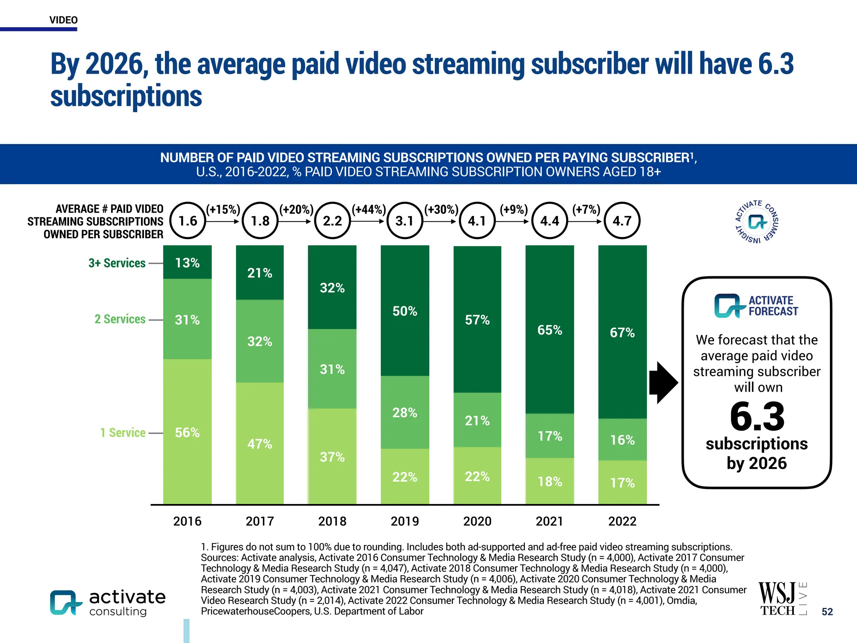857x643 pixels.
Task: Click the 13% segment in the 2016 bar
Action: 187,262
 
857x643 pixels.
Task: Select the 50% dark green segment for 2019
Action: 405,311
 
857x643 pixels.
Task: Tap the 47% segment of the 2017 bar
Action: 259,443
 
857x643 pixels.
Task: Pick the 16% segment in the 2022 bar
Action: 622,440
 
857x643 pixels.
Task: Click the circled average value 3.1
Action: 405,221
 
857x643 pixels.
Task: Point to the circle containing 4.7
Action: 622,221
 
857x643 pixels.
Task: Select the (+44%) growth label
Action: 368,209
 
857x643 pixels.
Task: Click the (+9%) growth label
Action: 514,209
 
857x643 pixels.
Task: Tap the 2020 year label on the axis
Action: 477,521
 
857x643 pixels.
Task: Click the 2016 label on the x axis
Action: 187,521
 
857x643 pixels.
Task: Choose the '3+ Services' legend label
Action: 117,263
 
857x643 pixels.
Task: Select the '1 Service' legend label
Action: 123,432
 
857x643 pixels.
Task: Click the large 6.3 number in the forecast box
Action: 757,417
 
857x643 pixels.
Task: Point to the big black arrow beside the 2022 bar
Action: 663,382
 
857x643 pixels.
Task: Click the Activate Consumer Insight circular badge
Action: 757,222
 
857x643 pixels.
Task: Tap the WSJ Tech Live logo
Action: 782,599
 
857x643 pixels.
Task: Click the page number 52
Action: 827,612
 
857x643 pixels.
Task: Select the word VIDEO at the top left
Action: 63,20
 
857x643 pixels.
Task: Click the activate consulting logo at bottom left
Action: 108,603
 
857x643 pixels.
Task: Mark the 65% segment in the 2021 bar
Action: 549,330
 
